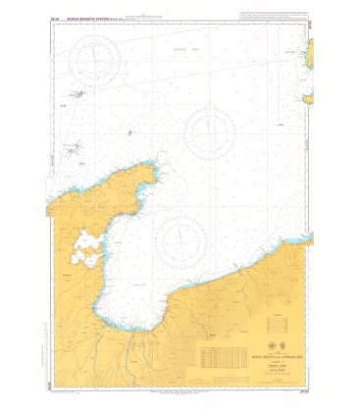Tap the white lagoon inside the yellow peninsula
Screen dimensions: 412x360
[x=87, y=248]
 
